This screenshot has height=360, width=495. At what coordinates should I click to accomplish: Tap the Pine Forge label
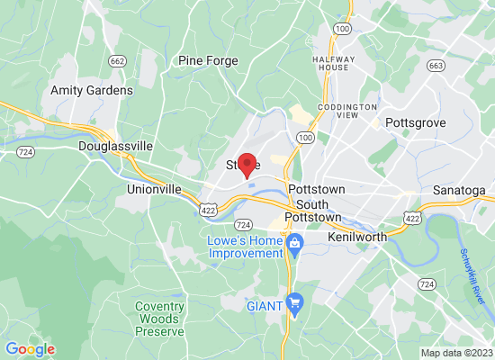click(208, 61)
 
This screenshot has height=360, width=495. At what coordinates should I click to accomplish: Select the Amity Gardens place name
click(92, 90)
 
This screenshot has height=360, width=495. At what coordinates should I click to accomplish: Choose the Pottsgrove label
click(417, 121)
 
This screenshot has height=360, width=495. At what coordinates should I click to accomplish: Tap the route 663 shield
click(436, 66)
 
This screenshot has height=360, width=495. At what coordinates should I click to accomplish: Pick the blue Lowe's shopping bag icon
click(294, 242)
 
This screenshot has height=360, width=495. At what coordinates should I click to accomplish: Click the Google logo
click(30, 349)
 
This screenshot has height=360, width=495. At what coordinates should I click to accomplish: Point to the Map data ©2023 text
click(456, 353)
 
